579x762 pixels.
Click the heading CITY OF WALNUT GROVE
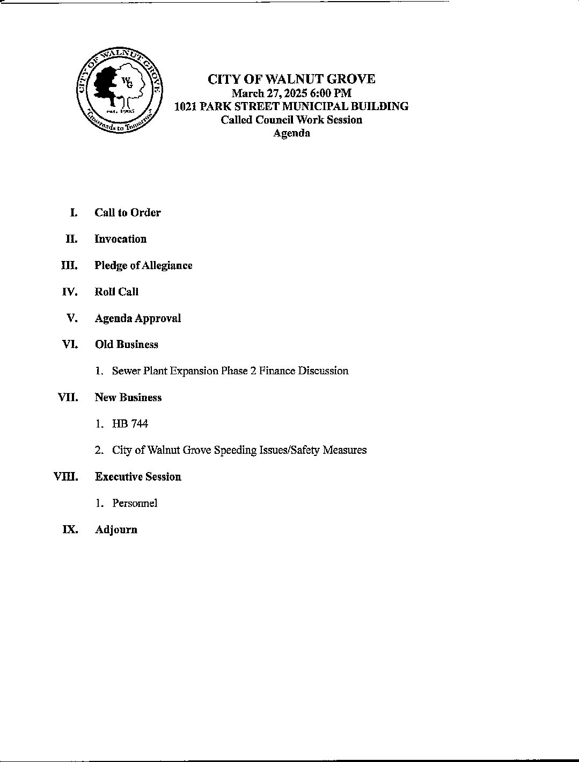click(x=291, y=79)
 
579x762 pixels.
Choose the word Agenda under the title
click(x=291, y=133)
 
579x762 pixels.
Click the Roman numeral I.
click(x=74, y=213)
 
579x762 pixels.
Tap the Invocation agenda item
click(x=120, y=239)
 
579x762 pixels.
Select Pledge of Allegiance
click(x=143, y=265)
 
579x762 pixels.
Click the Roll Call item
click(x=116, y=292)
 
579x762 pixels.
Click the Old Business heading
click(x=127, y=344)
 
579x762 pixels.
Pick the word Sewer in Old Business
click(x=126, y=371)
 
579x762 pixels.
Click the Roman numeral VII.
click(x=68, y=397)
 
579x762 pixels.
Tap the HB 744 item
click(x=130, y=424)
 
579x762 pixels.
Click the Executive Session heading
click(x=138, y=477)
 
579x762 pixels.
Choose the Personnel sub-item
click(x=135, y=503)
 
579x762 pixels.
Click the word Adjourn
click(x=116, y=529)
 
